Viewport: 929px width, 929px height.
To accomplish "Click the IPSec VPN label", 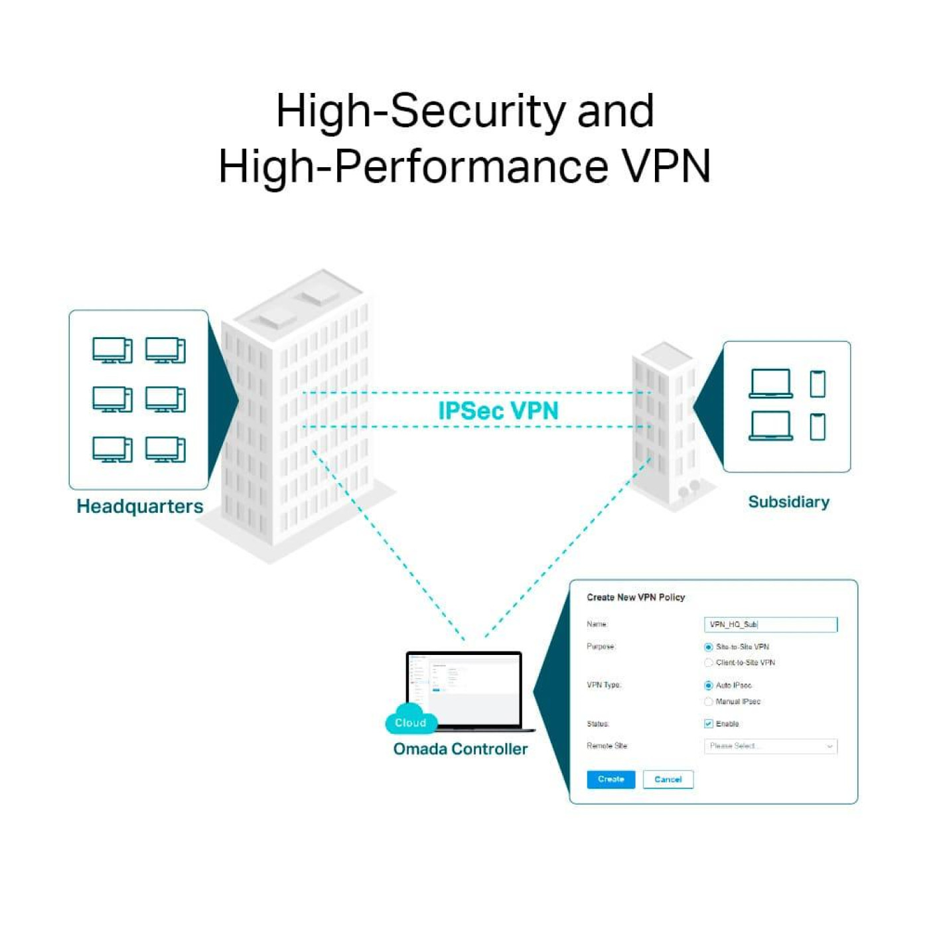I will coord(498,411).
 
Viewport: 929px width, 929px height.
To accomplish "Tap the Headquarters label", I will coord(140,506).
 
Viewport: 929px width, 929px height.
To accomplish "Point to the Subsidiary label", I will coord(788,502).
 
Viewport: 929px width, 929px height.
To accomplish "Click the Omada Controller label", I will coord(461,749).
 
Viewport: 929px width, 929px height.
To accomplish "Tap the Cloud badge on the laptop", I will coord(410,723).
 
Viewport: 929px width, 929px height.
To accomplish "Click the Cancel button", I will coord(668,780).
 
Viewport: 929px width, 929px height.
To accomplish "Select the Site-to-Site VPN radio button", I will coord(709,647).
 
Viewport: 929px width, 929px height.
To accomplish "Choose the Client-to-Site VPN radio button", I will coord(709,663).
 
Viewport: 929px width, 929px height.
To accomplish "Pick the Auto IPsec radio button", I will coord(709,685).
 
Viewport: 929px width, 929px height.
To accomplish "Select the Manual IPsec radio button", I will coord(709,701).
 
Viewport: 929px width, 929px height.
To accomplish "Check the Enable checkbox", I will coord(709,724).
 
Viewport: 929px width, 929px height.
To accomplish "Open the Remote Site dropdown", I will coord(770,747).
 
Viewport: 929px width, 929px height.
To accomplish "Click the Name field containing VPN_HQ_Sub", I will coord(770,624).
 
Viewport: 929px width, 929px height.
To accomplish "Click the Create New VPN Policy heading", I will coord(636,597).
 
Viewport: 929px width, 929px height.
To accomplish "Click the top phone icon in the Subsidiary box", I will coord(818,384).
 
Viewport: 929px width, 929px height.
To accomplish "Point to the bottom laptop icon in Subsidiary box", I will coord(770,426).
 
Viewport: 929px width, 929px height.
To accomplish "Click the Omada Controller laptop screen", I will coord(464,689).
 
